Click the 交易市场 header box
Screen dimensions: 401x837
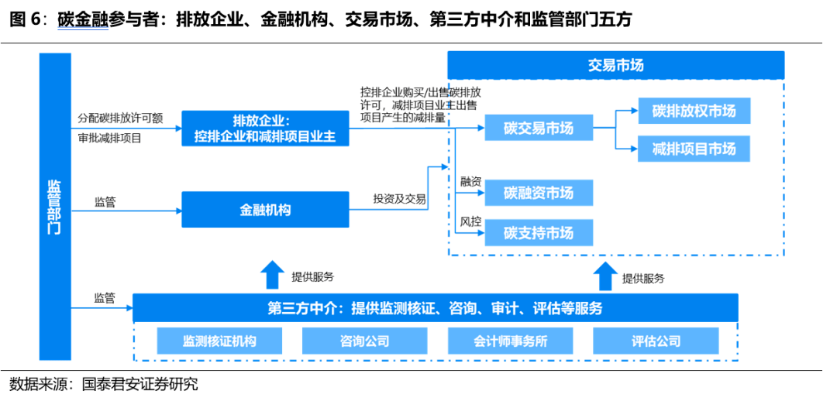pos(615,65)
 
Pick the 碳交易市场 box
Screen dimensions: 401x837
pos(539,128)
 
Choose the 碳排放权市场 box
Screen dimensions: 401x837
pos(694,111)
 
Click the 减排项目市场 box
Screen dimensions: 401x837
pos(694,148)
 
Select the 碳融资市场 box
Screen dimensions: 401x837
pos(539,193)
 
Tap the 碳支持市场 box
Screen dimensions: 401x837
pos(539,233)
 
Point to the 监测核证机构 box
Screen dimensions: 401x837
pos(219,341)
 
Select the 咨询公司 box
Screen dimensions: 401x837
pos(364,341)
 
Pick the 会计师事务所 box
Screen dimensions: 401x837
pos(510,341)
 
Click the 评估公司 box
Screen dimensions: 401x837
pos(656,341)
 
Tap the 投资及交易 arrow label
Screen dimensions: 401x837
pos(399,199)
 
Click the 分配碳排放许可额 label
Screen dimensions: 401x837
pos(120,118)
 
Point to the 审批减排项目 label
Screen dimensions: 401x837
pos(109,139)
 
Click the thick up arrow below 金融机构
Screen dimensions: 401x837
pos(272,275)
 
